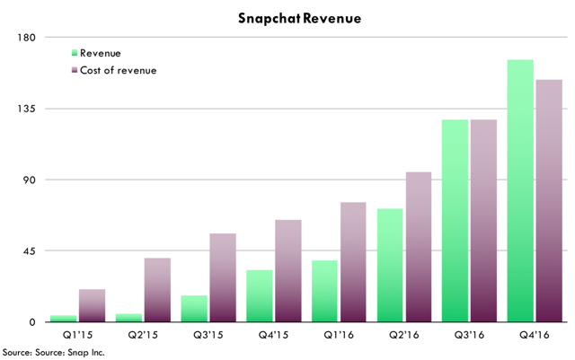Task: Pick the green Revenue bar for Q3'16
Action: [x=455, y=220]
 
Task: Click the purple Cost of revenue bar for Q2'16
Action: [x=419, y=247]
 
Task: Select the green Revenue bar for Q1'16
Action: [x=324, y=291]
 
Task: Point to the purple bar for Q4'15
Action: [x=288, y=270]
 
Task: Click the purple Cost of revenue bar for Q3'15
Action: [x=223, y=277]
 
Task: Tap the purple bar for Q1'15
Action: [x=92, y=305]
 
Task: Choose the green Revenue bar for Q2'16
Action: [x=390, y=265]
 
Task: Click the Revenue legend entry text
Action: [x=101, y=54]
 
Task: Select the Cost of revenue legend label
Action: [x=119, y=71]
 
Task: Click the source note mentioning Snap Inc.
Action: [x=54, y=353]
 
